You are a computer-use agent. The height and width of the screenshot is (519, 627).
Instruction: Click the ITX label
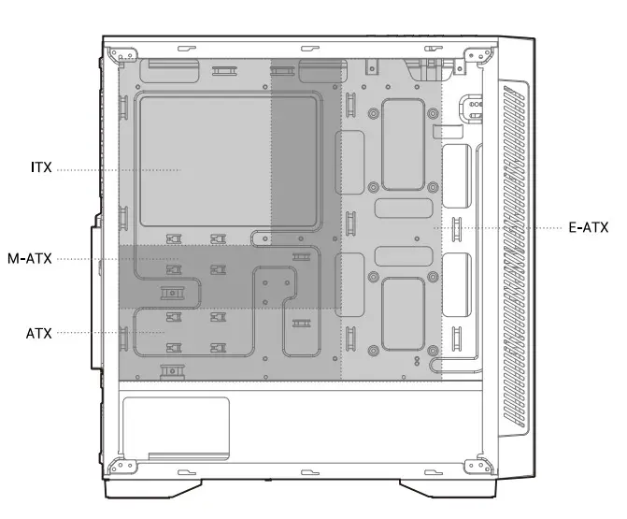40,169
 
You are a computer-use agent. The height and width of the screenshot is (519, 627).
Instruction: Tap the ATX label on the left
40,332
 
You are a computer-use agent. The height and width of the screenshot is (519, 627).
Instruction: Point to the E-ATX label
588,227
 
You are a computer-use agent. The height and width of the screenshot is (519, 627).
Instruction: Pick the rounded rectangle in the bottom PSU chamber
176,425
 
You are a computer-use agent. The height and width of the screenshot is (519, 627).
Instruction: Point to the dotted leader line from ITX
117,169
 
